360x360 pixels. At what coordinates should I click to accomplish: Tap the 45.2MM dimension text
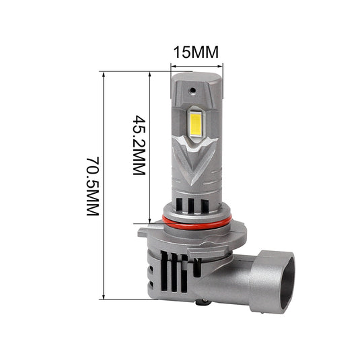click(139, 145)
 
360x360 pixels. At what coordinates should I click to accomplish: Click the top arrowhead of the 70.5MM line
click(104, 73)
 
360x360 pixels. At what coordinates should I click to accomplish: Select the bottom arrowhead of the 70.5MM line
click(104, 297)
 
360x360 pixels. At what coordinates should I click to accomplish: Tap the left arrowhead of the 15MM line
click(173, 66)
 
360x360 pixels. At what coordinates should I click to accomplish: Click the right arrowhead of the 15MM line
click(220, 66)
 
